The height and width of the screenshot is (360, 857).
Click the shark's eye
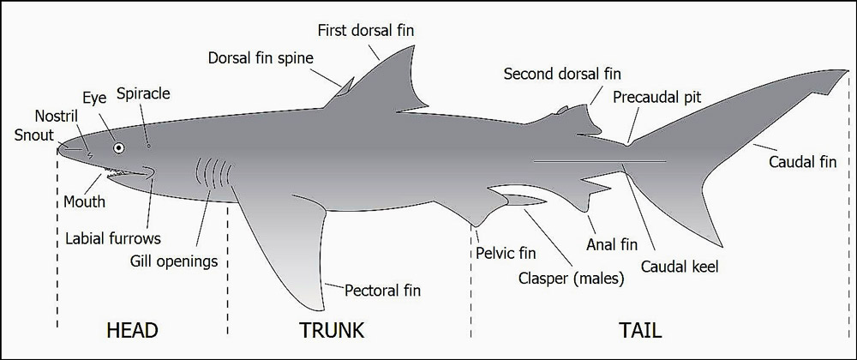[x=118, y=147]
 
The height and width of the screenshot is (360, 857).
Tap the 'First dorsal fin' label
[x=366, y=30]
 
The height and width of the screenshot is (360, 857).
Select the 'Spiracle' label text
[x=144, y=93]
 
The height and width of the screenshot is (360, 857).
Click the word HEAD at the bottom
[x=132, y=330]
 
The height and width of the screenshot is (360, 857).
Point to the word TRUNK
[x=331, y=330]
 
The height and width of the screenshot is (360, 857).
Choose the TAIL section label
[x=640, y=330]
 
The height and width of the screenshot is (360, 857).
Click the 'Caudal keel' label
[x=680, y=267]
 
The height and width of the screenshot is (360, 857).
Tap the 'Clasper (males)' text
[x=571, y=279]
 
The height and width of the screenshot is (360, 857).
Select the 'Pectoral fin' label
[x=382, y=290]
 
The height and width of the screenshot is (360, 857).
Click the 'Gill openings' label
[x=174, y=261]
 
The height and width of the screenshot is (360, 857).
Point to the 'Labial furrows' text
[x=113, y=238]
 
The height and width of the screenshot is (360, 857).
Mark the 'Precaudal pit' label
[x=657, y=97]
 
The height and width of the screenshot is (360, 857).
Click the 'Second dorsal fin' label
[x=562, y=73]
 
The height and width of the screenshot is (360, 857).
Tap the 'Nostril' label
[x=57, y=116]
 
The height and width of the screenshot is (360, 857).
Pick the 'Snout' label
[x=34, y=135]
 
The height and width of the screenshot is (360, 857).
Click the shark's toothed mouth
[x=127, y=173]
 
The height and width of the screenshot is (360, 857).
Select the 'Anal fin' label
[x=612, y=245]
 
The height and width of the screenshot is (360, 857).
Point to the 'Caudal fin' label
[x=803, y=162]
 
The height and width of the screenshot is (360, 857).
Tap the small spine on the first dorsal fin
[x=345, y=87]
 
